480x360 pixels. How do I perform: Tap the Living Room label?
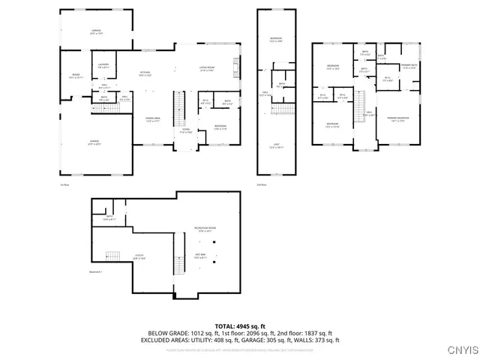click(x=208, y=69)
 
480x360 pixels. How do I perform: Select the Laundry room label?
click(x=103, y=65)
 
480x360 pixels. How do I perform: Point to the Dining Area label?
click(x=154, y=120)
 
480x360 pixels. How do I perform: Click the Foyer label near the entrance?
click(x=184, y=131)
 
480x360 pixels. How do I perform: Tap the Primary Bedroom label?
click(x=397, y=118)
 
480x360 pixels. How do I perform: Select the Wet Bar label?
click(x=201, y=257)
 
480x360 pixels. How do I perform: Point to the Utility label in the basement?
click(x=139, y=256)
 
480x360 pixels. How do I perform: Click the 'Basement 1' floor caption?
click(x=97, y=271)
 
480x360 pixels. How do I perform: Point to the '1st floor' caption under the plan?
click(x=65, y=184)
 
